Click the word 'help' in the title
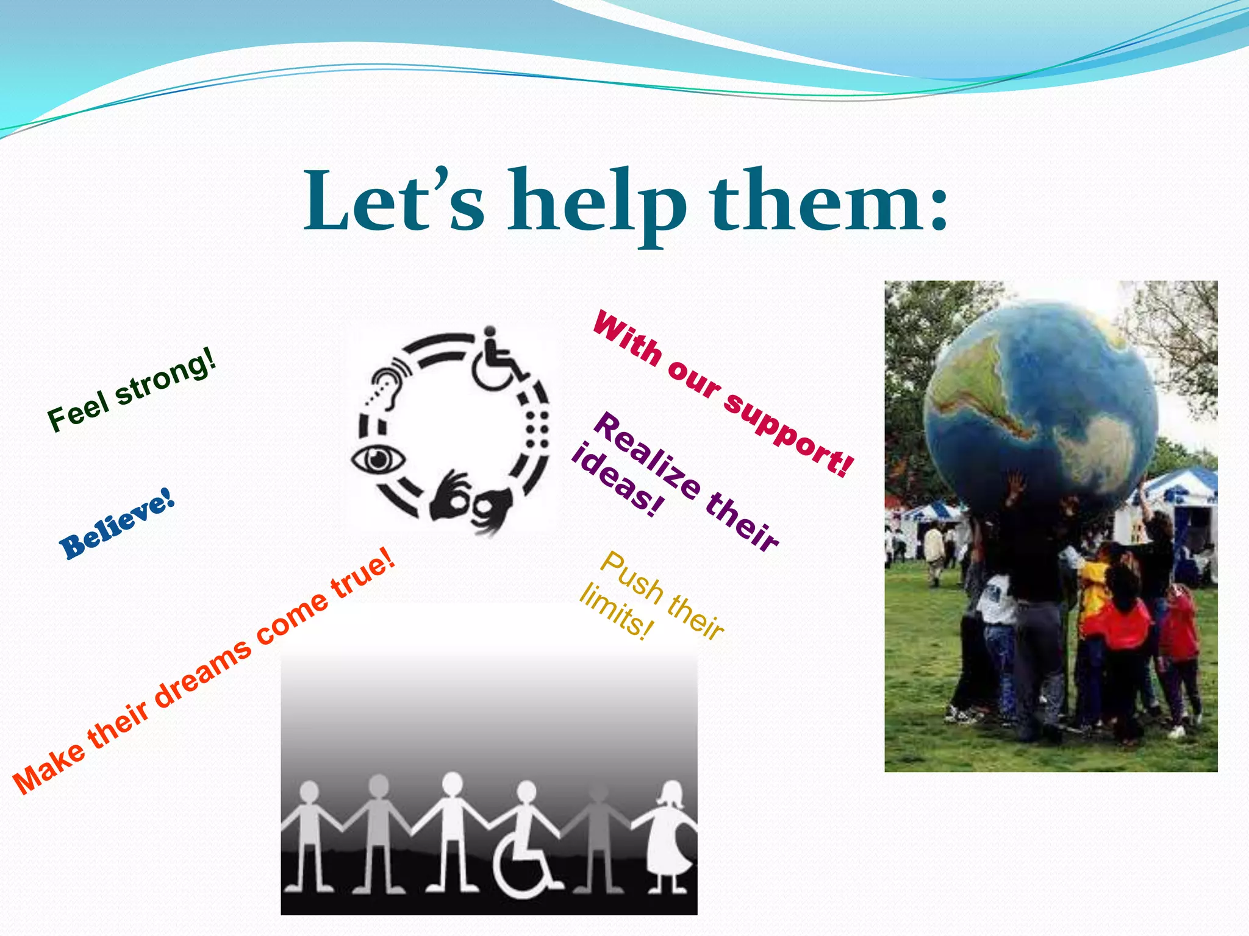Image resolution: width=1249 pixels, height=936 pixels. pyautogui.click(x=598, y=204)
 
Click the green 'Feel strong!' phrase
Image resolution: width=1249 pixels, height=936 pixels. pyautogui.click(x=132, y=389)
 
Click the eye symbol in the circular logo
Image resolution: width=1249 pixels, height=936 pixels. pyautogui.click(x=378, y=459)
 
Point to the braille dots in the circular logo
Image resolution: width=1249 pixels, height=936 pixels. pyautogui.click(x=537, y=430)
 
